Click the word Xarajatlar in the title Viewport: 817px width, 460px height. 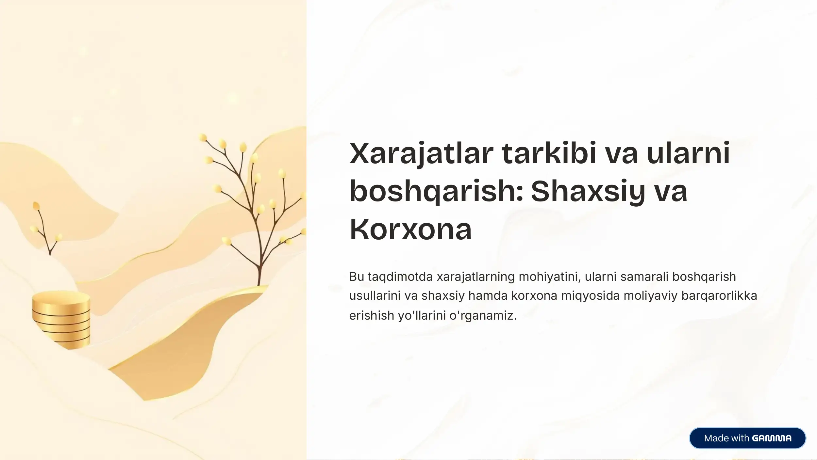coord(421,153)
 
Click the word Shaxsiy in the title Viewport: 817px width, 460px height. coord(588,191)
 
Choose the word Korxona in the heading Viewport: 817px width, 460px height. coord(410,229)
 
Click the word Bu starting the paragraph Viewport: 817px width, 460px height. coord(357,277)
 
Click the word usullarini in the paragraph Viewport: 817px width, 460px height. coord(375,296)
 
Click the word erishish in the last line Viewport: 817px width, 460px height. coord(372,315)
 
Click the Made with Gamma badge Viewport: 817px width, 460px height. coord(747,438)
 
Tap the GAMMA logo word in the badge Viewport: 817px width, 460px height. coord(772,438)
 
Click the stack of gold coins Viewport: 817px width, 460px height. coord(61,320)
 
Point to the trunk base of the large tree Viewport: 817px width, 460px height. coord(259,281)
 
